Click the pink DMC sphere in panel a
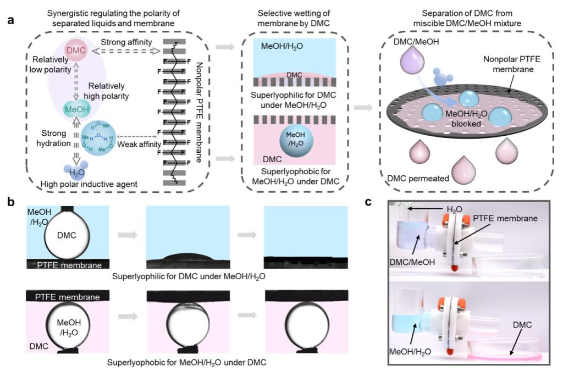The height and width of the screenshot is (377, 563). coord(76,51)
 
